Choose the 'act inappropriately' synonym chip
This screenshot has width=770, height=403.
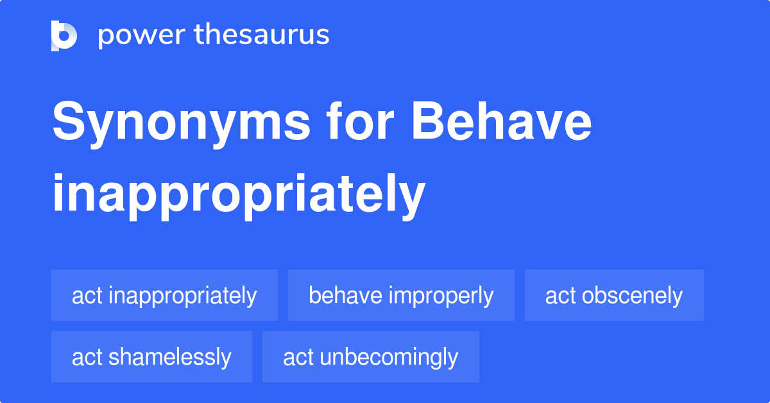[164, 295]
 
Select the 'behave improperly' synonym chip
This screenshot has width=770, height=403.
[401, 295]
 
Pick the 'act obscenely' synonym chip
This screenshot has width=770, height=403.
[614, 295]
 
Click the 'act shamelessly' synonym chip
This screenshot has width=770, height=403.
[151, 357]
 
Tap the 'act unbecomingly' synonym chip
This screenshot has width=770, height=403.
[371, 357]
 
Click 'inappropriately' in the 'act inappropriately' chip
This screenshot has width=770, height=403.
[183, 296]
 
